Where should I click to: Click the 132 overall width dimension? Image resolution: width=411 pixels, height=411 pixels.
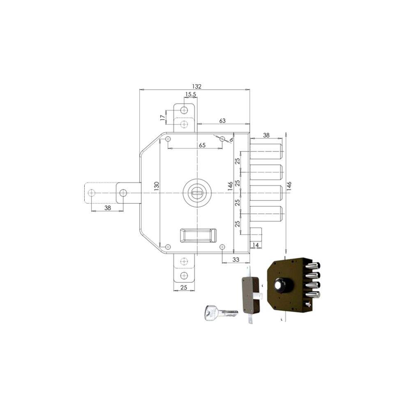click(196, 86)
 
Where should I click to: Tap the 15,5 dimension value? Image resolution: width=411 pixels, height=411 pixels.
click(191, 95)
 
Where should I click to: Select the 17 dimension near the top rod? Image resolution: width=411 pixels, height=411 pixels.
click(163, 118)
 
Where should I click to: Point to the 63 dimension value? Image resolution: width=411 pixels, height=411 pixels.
click(222, 120)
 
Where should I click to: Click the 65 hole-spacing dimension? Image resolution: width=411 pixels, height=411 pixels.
click(202, 145)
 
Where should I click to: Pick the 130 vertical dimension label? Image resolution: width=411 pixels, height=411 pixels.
click(156, 186)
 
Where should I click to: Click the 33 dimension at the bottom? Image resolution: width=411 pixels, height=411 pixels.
click(236, 259)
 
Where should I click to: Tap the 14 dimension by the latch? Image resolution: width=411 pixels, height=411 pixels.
click(255, 245)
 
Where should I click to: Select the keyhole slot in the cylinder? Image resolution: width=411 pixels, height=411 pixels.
click(196, 193)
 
